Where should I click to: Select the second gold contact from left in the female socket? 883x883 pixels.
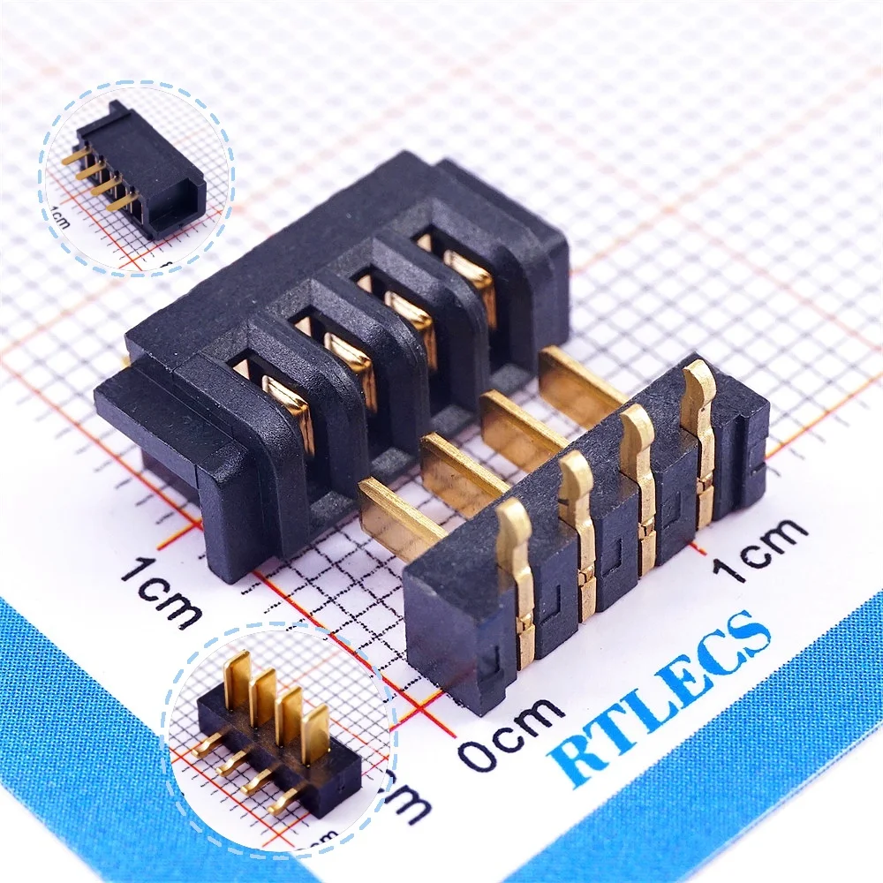click(x=350, y=362)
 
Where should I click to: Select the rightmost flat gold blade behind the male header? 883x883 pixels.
click(x=578, y=380)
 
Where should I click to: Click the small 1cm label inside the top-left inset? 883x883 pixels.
click(x=61, y=217)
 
